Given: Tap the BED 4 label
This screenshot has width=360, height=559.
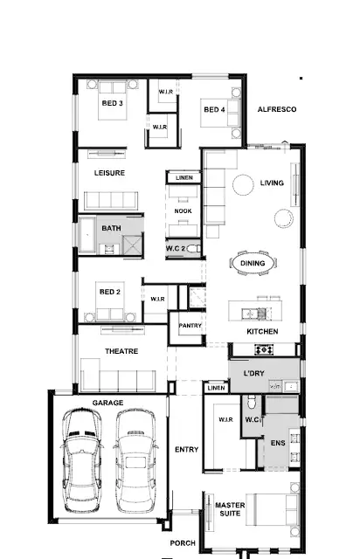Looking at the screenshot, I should [x=215, y=110].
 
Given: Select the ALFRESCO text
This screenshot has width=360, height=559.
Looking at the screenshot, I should [x=277, y=109].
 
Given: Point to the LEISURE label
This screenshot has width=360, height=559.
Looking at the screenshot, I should [x=110, y=173].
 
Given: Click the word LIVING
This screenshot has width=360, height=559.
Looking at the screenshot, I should [x=273, y=183].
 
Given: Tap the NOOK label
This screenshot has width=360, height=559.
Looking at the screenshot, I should [x=183, y=211].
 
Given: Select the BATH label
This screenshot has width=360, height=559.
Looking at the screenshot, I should [x=111, y=229].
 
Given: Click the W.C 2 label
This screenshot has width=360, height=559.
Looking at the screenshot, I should [x=177, y=249].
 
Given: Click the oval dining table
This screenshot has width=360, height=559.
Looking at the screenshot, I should [x=253, y=263].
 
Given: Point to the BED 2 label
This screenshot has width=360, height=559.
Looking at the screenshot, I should [x=109, y=293].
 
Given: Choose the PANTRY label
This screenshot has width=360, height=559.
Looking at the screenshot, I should [x=190, y=326].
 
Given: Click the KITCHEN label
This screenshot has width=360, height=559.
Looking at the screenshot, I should [x=262, y=333].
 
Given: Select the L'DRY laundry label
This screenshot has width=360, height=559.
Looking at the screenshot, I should [x=253, y=374].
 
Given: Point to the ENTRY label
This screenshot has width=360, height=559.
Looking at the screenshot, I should [x=186, y=450].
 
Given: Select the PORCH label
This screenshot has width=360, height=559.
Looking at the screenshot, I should [x=183, y=543].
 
